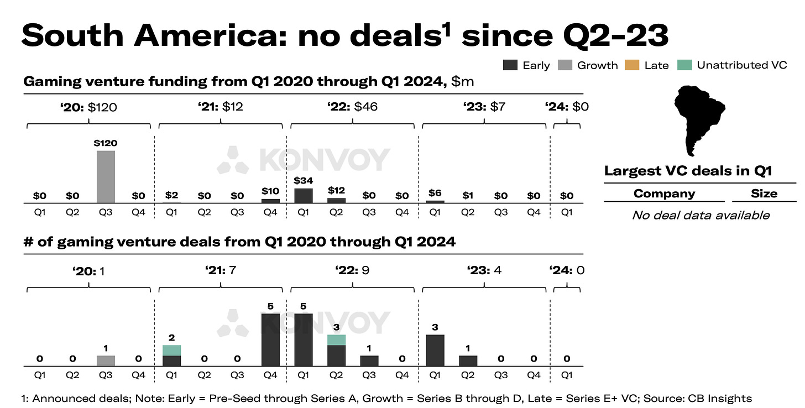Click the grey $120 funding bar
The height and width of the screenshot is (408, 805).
pos(106,176)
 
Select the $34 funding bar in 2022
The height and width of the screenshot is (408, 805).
pos(303,196)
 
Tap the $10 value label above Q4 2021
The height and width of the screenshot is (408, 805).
pos(270,191)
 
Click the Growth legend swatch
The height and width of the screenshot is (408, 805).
pos(566,65)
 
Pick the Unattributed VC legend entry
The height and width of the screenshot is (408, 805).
pos(741,65)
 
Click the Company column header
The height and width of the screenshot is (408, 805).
pos(664,193)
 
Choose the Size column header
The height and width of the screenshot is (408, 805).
pos(764,193)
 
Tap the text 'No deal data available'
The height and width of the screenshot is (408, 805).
pos(701,215)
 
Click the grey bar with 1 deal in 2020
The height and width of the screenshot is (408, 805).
pos(106,360)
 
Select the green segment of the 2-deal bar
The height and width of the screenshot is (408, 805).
pos(171,350)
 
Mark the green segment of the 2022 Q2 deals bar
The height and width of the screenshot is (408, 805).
pos(336,339)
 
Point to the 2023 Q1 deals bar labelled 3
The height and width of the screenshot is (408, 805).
pos(435,350)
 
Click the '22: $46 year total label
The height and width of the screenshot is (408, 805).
pos(353,107)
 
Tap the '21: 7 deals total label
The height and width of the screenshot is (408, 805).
pos(221,271)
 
